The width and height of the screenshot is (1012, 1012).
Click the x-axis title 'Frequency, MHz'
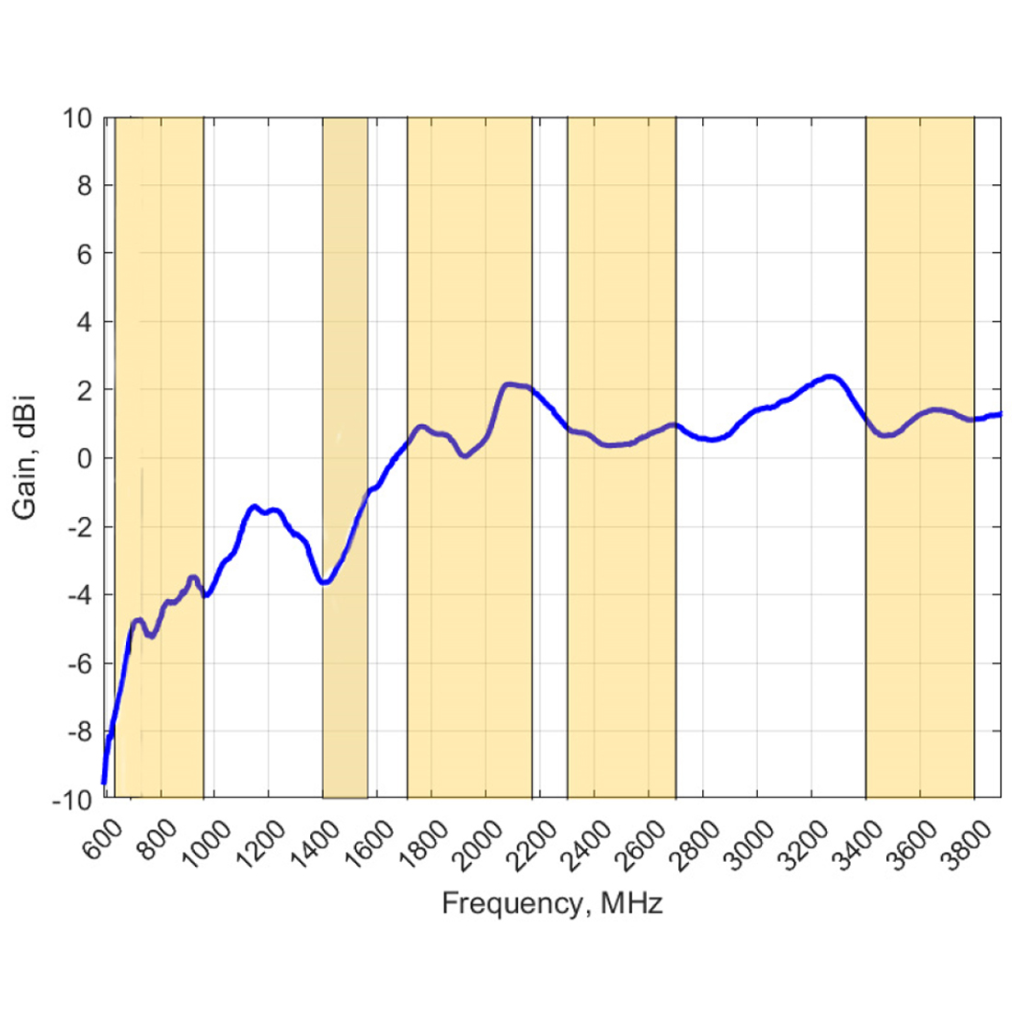(x=552, y=903)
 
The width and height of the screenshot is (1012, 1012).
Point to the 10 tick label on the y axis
(x=77, y=119)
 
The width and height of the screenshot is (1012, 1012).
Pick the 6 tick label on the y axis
(x=84, y=254)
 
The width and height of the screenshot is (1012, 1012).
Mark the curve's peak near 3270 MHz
(x=831, y=376)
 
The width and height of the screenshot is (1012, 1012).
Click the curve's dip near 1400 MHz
(x=324, y=582)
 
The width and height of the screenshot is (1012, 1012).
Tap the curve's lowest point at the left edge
(x=104, y=782)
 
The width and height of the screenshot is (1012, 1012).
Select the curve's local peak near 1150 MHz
(x=255, y=507)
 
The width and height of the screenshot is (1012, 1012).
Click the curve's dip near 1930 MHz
(x=465, y=455)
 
